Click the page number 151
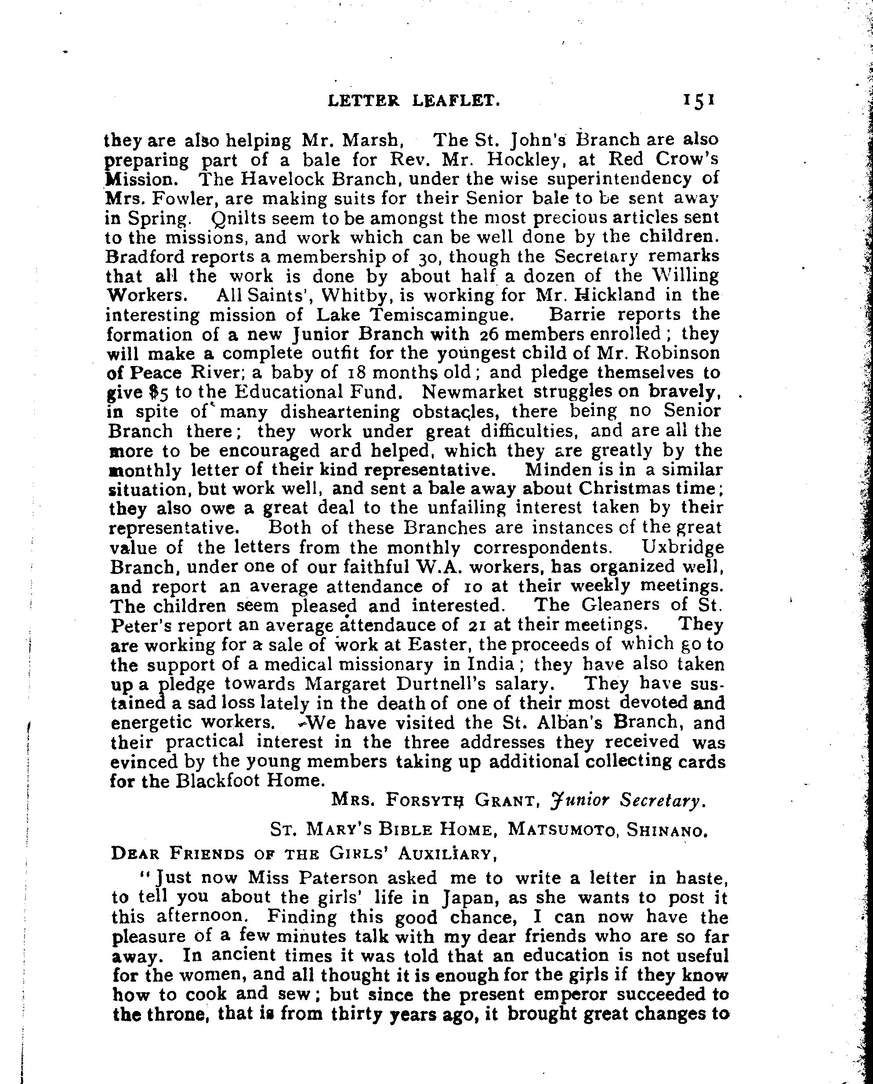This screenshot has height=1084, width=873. click(x=699, y=100)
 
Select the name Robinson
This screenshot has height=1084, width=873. click(x=677, y=353)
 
